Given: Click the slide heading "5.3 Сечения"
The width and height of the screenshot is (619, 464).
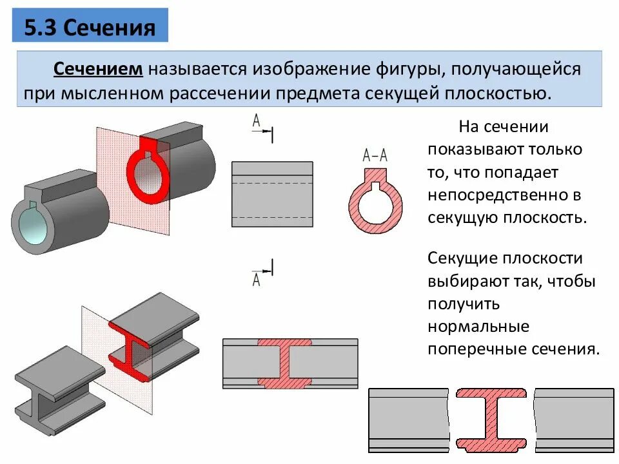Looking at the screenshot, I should tap(90, 28).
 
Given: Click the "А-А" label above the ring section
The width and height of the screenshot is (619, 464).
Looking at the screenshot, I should tap(375, 155).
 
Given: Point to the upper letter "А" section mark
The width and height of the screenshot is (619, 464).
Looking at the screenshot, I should tap(257, 121).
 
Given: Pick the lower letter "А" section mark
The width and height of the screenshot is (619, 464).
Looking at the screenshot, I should tap(256, 279).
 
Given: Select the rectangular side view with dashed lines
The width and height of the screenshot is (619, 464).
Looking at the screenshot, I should tap(271, 194).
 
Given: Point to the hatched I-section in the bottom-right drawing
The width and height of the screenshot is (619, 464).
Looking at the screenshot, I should tap(491, 419).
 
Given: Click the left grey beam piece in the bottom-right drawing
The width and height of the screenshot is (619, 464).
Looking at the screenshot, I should tap(408, 419).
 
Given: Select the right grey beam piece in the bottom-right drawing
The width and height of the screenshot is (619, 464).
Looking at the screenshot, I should tap(574, 419).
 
